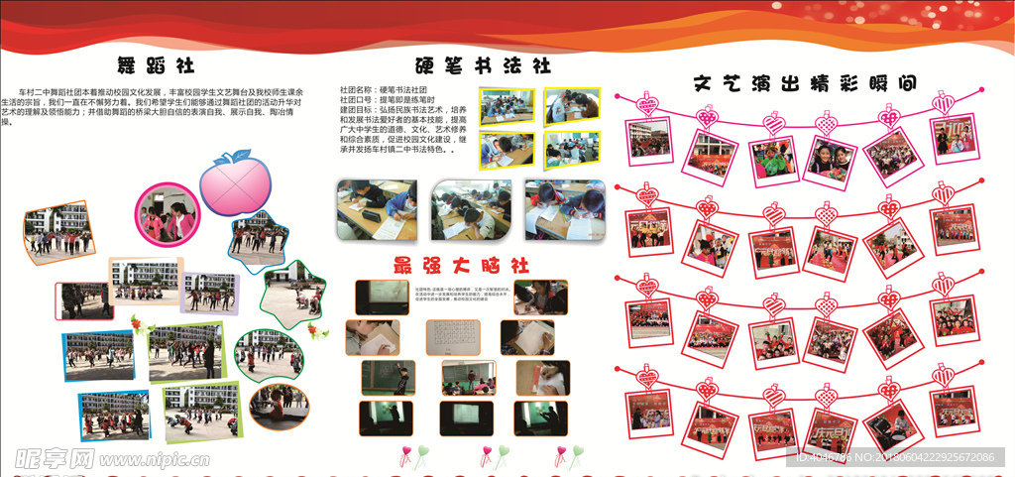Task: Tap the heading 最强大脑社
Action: click(x=462, y=265)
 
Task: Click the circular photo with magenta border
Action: click(x=166, y=213)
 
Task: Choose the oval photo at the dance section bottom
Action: click(x=279, y=407)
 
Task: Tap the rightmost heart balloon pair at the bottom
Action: click(x=569, y=454)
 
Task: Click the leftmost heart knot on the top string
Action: click(x=650, y=105)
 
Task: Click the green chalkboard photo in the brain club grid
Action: click(x=374, y=376)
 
